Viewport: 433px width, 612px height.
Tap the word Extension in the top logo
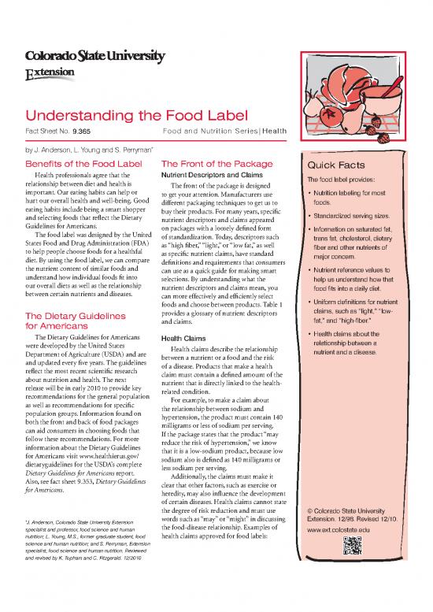click(x=47, y=72)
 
